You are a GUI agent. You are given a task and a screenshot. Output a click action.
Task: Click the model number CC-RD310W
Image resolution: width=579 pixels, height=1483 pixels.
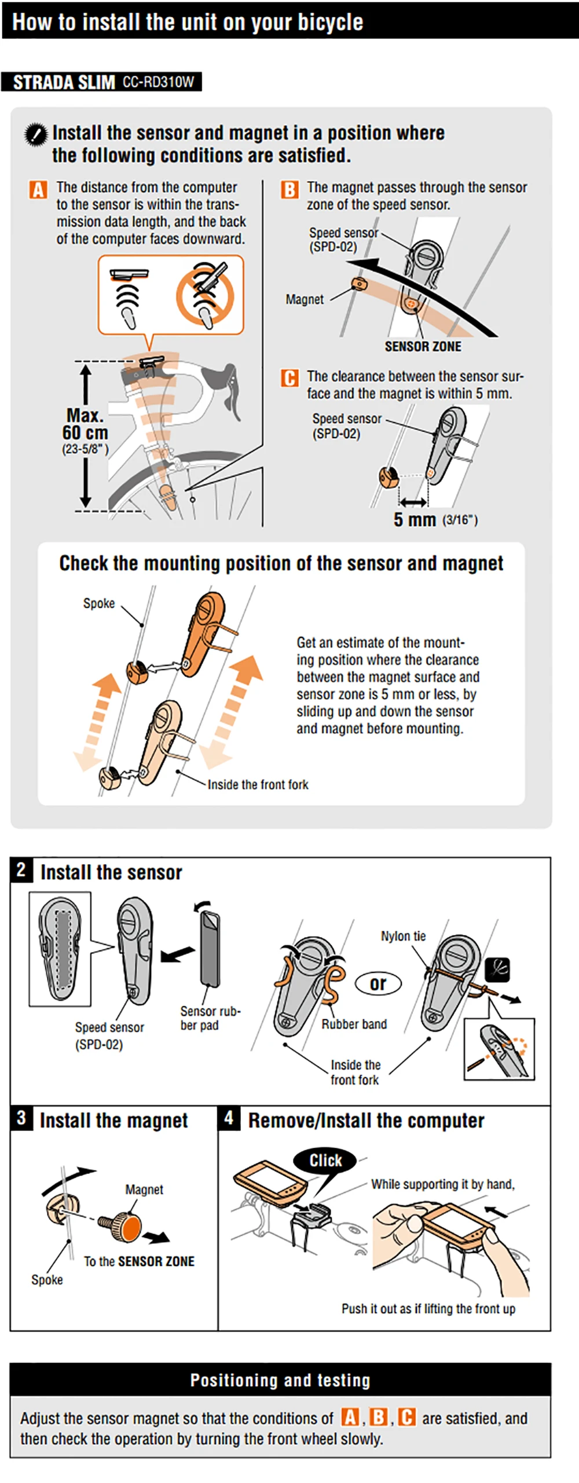[x=158, y=82]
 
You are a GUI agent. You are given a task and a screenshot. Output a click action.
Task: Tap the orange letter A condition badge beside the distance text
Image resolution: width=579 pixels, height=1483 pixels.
[x=38, y=189]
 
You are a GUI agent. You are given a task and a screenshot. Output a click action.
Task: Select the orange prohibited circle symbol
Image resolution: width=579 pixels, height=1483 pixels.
[x=205, y=295]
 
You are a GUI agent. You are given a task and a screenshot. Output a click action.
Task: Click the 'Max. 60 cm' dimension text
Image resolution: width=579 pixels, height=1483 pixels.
[x=85, y=424]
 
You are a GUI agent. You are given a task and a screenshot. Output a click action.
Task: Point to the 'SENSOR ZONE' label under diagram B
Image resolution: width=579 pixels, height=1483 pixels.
[x=423, y=347]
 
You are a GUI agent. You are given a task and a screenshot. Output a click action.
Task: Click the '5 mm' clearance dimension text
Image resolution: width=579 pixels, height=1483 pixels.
[x=415, y=520]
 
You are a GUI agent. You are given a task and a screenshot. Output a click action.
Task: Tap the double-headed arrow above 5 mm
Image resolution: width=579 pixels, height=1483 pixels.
[x=413, y=501]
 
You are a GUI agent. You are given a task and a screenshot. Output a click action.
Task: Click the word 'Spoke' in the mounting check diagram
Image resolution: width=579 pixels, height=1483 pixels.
[x=99, y=603]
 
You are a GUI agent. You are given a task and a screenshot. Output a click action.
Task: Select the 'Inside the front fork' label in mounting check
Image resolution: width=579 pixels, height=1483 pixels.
[x=258, y=784]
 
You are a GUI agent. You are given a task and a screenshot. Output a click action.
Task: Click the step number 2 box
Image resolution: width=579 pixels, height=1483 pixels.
[x=21, y=869]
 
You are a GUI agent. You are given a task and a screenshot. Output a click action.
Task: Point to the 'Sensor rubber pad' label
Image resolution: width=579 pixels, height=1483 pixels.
[x=210, y=1018]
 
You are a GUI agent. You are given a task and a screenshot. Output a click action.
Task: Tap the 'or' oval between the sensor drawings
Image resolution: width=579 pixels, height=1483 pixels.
[x=378, y=983]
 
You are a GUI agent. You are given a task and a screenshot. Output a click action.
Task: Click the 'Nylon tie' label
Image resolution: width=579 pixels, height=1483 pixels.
[x=403, y=936]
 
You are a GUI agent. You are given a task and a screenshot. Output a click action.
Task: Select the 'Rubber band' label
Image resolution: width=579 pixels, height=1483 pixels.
[x=354, y=1024]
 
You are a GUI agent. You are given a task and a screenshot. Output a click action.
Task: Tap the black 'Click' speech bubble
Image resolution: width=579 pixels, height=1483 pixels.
[x=325, y=1160]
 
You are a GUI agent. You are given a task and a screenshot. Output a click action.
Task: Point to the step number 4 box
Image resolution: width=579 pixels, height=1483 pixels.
[x=229, y=1118]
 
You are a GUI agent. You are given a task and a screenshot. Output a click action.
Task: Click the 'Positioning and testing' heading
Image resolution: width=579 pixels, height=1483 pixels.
[x=280, y=1380]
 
